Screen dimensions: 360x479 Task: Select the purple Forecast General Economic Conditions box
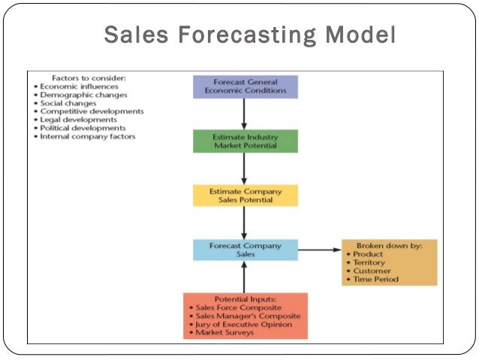[245, 86]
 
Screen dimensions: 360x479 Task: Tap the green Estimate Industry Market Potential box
[245, 141]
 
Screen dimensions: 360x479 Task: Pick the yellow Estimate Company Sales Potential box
[245, 195]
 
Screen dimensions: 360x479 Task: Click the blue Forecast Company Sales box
[245, 250]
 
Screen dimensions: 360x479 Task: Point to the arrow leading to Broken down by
[318, 250]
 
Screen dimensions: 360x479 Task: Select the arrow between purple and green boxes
[245, 113]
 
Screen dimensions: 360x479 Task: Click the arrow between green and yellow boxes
[245, 168]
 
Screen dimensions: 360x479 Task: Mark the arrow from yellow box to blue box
[245, 222]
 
